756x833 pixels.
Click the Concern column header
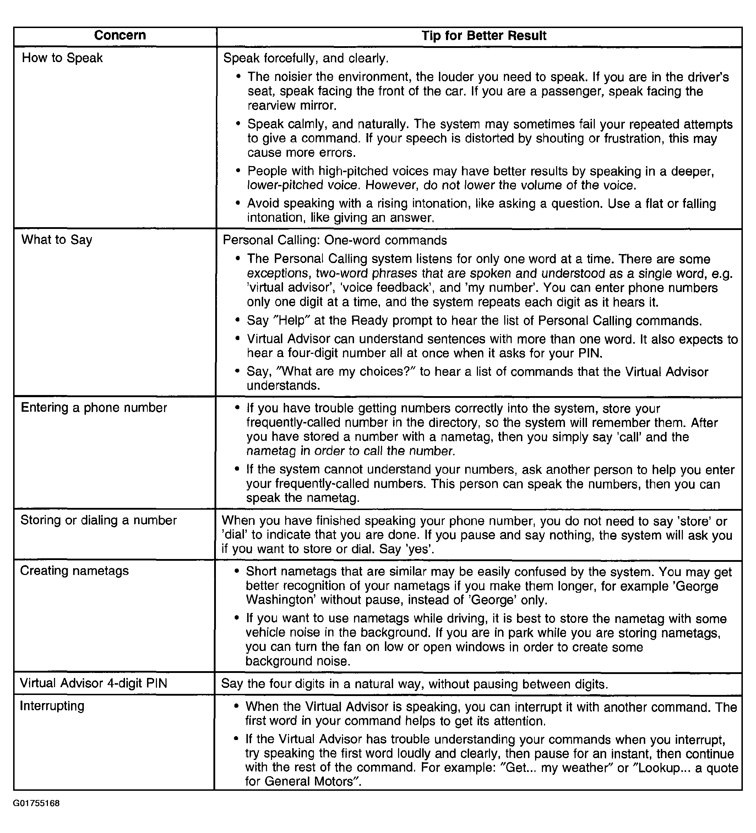coord(120,35)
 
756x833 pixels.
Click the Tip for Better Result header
coord(484,36)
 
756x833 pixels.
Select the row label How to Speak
coord(62,58)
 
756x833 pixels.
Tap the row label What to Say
coord(56,240)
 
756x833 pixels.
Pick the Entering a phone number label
coord(94,408)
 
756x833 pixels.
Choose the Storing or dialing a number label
coord(98,520)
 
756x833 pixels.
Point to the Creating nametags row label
coord(75,571)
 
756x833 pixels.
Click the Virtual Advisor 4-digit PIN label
coord(93,684)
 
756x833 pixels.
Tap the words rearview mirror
coord(292,106)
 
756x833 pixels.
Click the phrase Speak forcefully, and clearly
coord(306,58)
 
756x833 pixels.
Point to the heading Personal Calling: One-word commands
coord(335,241)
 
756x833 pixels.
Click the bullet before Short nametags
coord(236,572)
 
